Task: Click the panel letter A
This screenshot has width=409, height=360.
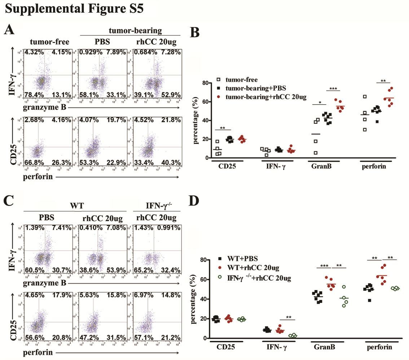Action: [10, 31]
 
